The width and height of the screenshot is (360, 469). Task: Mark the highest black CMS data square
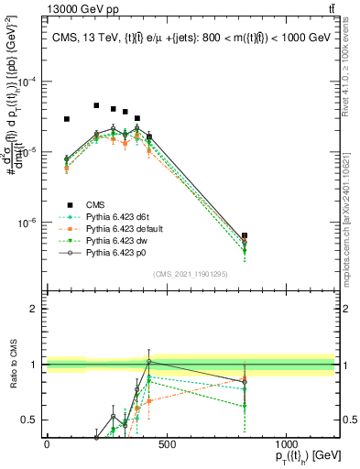(96, 105)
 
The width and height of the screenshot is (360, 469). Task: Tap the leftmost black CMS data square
(66, 119)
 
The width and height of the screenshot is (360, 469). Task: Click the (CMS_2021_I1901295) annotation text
(191, 273)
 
